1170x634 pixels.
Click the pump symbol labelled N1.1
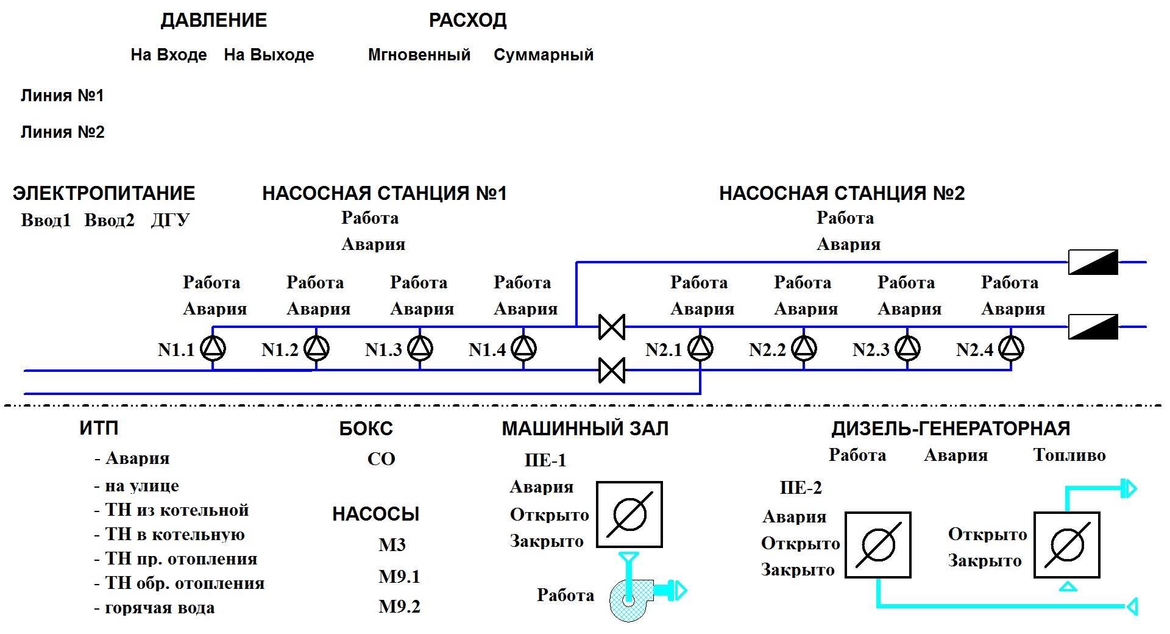213,348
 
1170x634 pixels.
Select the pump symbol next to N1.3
420,348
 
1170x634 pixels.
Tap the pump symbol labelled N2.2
804,348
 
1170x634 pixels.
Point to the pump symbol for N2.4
1012,348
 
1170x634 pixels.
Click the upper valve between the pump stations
612,327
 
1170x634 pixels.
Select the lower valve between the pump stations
612,370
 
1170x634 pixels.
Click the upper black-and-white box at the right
1093,262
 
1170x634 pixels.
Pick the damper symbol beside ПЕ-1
629,515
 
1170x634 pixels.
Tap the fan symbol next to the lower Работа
631,600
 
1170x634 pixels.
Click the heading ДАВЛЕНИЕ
214,21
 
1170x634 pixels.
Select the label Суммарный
544,55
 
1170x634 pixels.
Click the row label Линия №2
63,132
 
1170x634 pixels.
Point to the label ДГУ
171,220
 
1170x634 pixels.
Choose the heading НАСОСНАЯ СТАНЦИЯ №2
842,194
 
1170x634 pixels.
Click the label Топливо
1069,455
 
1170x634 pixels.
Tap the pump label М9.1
399,577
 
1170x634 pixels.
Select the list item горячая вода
160,608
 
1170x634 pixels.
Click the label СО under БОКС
381,459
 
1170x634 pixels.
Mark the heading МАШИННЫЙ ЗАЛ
585,429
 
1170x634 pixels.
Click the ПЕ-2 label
801,488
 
